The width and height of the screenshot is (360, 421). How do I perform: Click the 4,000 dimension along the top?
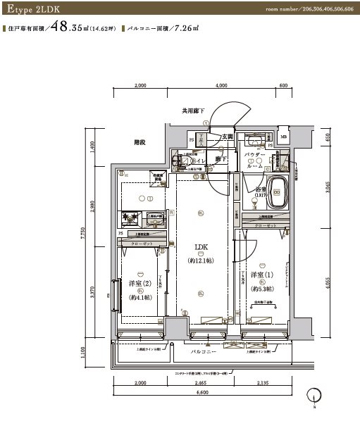tap(221, 86)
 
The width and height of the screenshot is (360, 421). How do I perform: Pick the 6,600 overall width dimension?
tap(200, 392)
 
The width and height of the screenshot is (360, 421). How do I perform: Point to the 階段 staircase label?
tap(139, 142)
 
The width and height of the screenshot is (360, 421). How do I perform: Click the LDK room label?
tap(201, 247)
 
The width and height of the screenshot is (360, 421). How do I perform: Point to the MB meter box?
tap(283, 137)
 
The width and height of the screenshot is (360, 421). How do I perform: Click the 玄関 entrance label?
tap(228, 137)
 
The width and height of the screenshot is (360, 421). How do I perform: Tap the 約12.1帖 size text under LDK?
tap(201, 260)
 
